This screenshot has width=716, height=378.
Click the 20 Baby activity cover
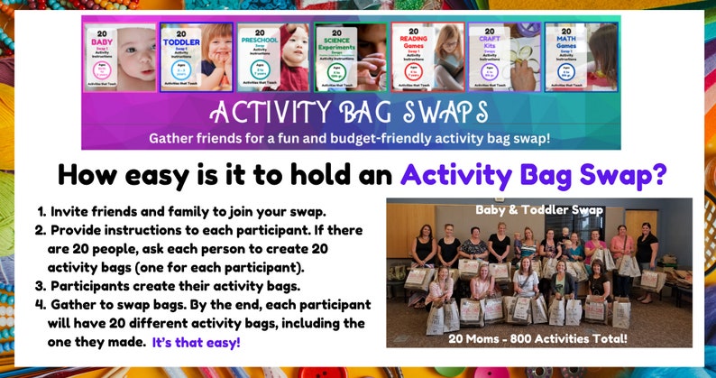tap(119, 57)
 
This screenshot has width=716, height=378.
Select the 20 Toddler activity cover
tap(196, 57)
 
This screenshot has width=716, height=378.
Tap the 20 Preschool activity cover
tap(272, 57)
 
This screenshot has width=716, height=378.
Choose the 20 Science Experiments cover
tap(350, 57)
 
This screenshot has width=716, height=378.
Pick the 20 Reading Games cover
tap(427, 57)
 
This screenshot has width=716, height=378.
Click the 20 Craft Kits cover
tap(504, 57)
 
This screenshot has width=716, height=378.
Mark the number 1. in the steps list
tap(41, 211)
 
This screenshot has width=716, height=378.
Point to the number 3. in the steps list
tap(41, 286)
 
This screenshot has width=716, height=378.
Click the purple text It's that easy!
tap(196, 342)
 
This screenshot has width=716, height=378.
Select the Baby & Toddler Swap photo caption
tap(538, 209)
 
